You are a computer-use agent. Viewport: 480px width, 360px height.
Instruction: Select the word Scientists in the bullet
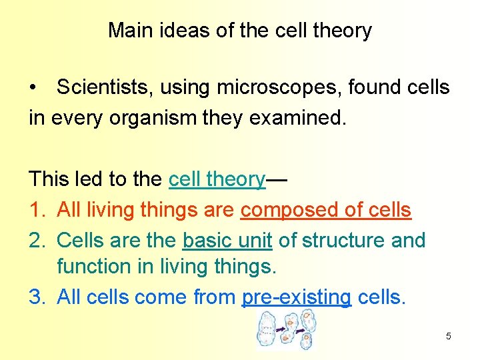pos(103,87)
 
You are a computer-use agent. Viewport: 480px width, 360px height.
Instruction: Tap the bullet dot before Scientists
pos(33,88)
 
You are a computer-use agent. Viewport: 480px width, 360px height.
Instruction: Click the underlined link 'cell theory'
pos(217,179)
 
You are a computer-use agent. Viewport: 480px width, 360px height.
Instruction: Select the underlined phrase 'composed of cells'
pos(326,210)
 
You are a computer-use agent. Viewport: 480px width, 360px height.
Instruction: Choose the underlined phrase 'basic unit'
pos(227,240)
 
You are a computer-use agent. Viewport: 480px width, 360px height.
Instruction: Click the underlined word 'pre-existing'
pos(297,297)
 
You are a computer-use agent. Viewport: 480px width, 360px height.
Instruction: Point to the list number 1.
pos(36,210)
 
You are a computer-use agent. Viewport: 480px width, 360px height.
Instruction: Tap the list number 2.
pos(36,240)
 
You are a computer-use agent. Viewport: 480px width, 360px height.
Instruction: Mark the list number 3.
pos(36,297)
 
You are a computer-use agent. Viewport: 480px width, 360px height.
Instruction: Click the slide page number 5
pos(448,336)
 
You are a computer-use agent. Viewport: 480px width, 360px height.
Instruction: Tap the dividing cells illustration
pos(285,331)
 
